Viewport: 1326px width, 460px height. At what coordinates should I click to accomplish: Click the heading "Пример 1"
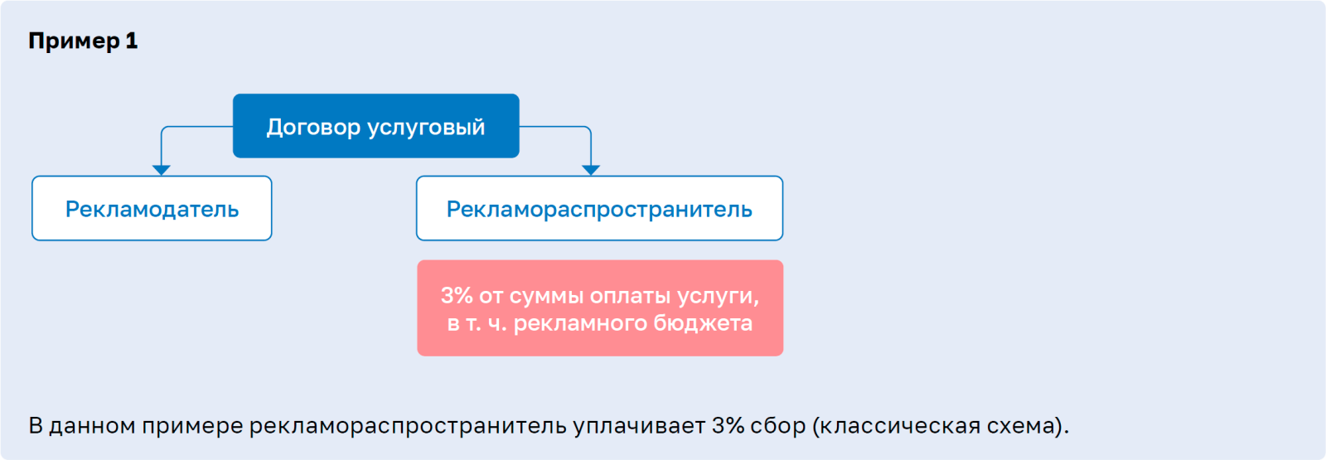[83, 41]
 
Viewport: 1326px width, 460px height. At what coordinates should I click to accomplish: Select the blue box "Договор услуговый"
[376, 125]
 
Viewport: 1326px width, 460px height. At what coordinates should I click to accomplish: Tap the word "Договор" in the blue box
[313, 128]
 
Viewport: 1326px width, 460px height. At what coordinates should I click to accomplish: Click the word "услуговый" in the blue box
[426, 128]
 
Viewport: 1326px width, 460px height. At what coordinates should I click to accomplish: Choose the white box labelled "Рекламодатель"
[152, 208]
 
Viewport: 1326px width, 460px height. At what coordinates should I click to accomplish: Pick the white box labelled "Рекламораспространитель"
[600, 208]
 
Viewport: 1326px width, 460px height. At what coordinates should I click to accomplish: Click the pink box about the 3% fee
[600, 307]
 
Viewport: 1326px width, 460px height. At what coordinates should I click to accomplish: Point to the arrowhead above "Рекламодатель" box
[162, 171]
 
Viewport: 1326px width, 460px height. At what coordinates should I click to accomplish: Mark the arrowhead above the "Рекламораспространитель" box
[591, 171]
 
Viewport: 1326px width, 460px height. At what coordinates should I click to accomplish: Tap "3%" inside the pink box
[456, 295]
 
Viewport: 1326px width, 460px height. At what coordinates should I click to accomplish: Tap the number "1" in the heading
[132, 41]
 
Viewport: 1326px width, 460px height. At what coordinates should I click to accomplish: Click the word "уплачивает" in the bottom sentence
[639, 427]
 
